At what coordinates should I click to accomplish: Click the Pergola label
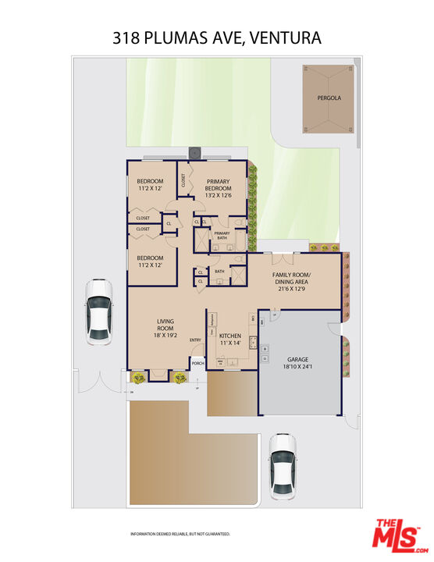[x=329, y=98]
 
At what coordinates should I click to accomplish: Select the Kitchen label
[x=229, y=335]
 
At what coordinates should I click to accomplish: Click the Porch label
[x=198, y=364]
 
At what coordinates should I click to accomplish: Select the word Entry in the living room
[x=195, y=340]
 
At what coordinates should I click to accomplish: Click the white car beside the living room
[x=99, y=310]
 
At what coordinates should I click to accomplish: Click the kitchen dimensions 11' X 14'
[x=229, y=343]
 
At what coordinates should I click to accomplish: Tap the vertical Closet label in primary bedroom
[x=183, y=180]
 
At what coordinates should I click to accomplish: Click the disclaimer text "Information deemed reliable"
[x=180, y=535]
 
